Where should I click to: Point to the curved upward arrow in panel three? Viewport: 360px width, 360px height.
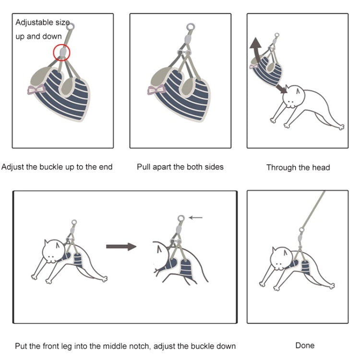click(x=255, y=50)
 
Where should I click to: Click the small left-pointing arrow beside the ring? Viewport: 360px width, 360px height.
click(x=196, y=217)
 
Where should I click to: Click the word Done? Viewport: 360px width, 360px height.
click(x=305, y=345)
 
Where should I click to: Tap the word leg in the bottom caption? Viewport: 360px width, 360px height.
click(x=79, y=346)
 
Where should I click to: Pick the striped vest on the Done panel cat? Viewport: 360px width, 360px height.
click(x=304, y=266)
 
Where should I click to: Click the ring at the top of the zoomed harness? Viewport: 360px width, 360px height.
click(x=180, y=218)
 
